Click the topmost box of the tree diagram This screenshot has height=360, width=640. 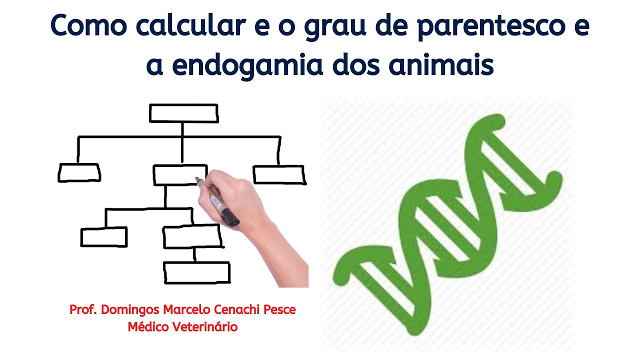(183, 113)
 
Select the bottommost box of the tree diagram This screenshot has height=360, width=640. (197, 272)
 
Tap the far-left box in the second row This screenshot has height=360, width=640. (79, 172)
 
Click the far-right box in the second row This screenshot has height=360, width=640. (279, 175)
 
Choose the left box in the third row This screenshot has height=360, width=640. (104, 237)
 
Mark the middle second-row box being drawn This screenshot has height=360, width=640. (175, 175)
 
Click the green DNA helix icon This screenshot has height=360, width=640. (447, 225)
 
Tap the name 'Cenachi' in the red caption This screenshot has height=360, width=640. (235, 309)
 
